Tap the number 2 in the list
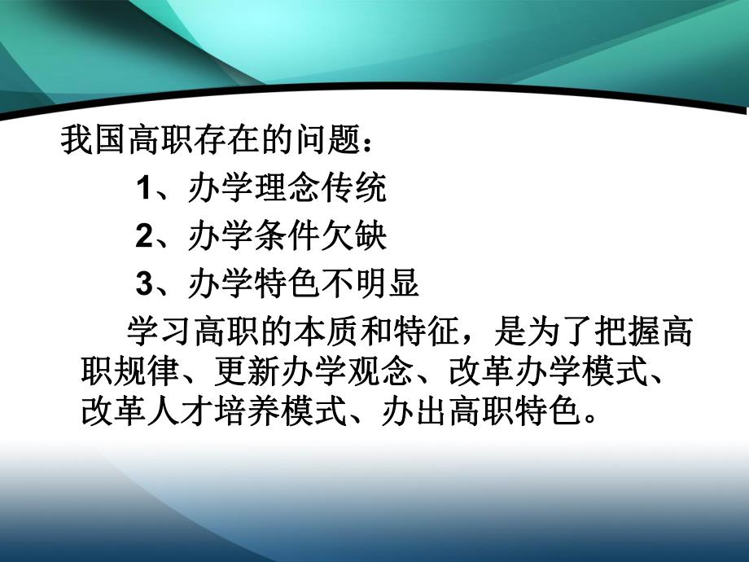tap(143, 237)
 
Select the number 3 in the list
tap(143, 284)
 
